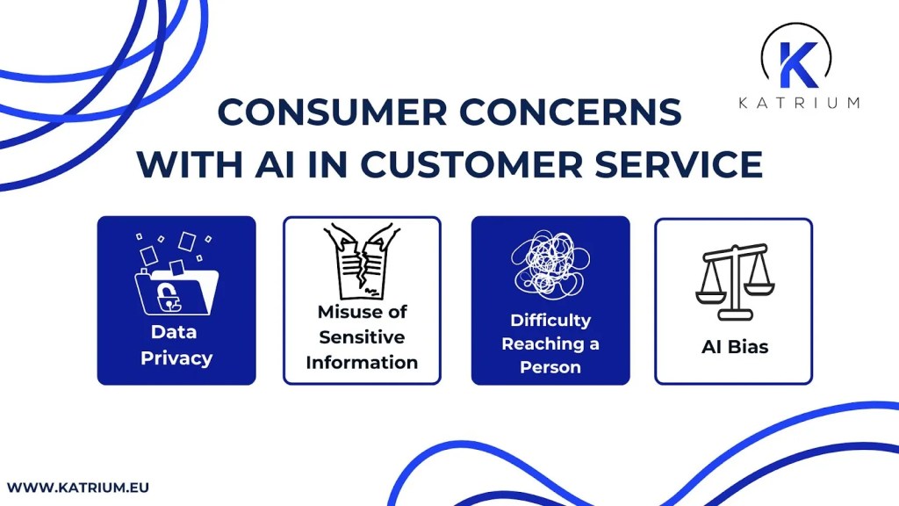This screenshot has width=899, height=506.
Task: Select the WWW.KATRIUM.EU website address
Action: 71,485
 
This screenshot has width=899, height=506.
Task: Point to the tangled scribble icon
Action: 550,262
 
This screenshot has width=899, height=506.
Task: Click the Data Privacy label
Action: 176,345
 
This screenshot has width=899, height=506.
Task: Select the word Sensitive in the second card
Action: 362,337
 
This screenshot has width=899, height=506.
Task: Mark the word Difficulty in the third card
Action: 550,320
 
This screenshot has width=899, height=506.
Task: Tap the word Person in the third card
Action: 550,367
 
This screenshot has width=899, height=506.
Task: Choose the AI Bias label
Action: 734,347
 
